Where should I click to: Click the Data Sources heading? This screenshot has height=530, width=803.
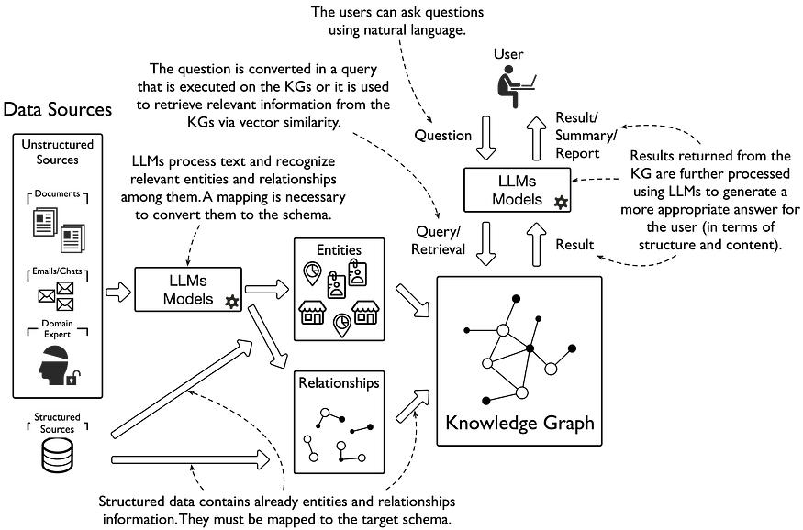[x=58, y=110]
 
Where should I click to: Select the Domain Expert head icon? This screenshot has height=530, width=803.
[x=56, y=364]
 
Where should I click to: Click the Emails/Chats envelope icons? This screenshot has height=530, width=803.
[x=57, y=293]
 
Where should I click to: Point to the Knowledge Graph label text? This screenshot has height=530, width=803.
[x=519, y=424]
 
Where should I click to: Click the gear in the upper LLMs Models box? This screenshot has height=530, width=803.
[x=560, y=201]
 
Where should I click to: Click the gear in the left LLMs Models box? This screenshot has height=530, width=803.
[x=231, y=302]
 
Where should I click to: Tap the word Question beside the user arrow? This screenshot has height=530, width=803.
[x=442, y=136]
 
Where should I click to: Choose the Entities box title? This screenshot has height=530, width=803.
[x=337, y=249]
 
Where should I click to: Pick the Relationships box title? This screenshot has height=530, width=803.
[x=338, y=383]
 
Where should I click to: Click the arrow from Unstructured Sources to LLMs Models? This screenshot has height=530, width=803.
[x=120, y=293]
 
